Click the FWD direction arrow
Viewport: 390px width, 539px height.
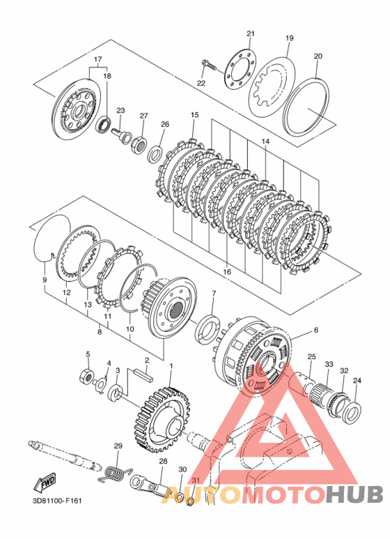click(x=45, y=482)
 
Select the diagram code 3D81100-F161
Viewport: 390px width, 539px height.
click(x=55, y=501)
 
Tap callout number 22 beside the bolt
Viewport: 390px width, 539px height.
click(x=201, y=83)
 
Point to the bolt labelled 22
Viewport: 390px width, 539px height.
click(x=209, y=65)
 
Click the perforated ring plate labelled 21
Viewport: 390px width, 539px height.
click(x=242, y=70)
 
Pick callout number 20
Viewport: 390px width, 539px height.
click(x=318, y=56)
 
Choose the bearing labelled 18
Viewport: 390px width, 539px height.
click(x=102, y=123)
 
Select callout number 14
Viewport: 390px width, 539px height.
click(x=265, y=142)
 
